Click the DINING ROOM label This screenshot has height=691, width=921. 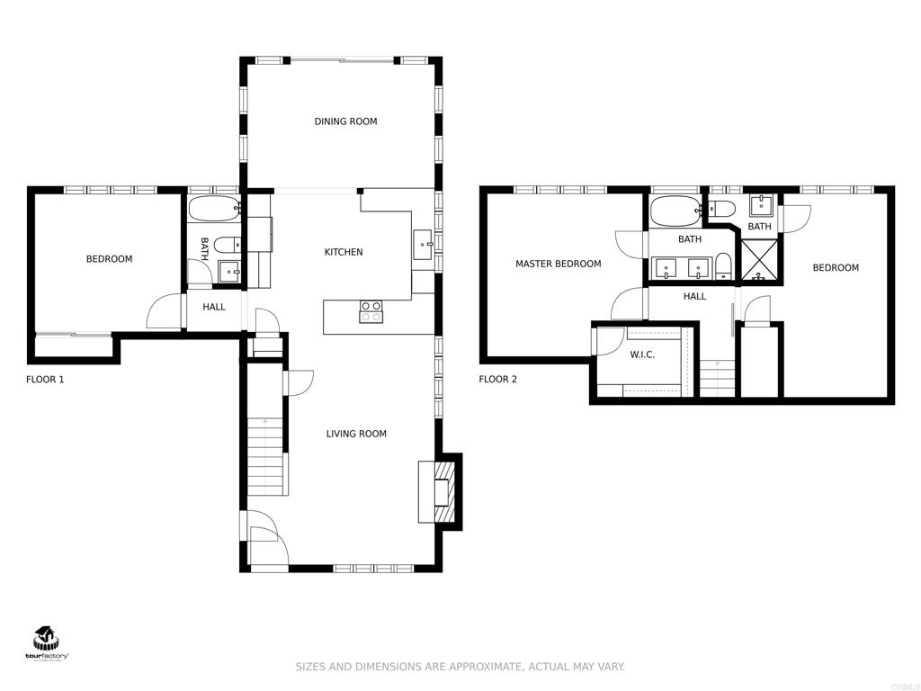pos(345,121)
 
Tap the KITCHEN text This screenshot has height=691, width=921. pos(344,252)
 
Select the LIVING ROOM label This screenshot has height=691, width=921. pos(356,434)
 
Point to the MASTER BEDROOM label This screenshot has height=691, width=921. pos(558,264)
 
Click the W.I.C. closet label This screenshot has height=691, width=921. pos(642,354)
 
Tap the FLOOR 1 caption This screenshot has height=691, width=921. pos(45,380)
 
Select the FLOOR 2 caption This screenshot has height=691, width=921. pos(497,380)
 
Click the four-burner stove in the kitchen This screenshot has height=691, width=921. pos(371,311)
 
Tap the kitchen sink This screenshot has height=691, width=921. pos(423,242)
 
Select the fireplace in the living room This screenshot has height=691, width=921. pos(441,491)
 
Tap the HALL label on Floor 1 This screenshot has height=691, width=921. pos(214,307)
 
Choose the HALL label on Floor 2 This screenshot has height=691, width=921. pos(694,296)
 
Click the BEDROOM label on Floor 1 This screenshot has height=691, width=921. pos(109,259)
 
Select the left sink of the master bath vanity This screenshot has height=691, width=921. pos(666,266)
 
